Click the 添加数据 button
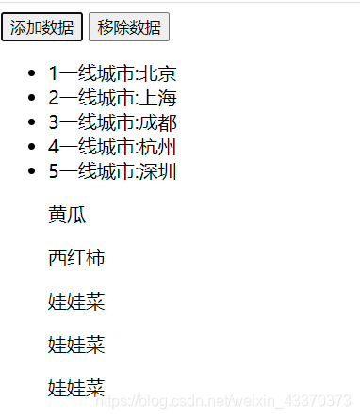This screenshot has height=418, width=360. [x=41, y=27]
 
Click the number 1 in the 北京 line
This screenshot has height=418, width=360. [x=54, y=73]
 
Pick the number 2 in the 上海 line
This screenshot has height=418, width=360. [x=54, y=98]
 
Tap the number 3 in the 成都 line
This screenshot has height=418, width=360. [x=54, y=122]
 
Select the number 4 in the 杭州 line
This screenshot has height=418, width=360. [x=54, y=147]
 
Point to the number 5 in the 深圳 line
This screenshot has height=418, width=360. [x=54, y=171]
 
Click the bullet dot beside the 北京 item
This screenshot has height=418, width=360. [x=34, y=74]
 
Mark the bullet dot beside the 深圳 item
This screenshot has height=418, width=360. [x=34, y=172]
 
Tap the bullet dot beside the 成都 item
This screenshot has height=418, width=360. [x=34, y=123]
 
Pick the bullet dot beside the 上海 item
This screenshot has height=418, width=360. [x=34, y=99]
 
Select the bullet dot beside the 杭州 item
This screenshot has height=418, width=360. [x=34, y=148]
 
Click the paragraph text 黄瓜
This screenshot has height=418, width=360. [x=67, y=215]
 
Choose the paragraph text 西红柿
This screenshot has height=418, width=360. [x=76, y=258]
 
